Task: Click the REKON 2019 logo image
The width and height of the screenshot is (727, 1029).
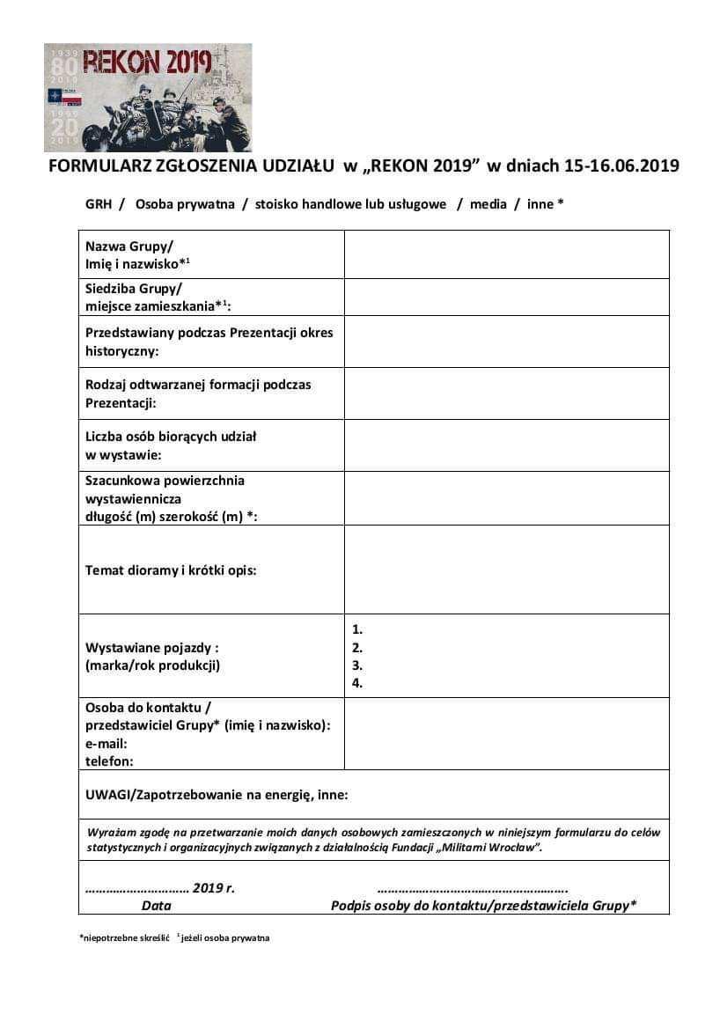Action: click(148, 97)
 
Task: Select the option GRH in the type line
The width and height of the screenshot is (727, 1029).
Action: click(99, 204)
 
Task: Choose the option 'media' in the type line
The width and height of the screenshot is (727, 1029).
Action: click(488, 204)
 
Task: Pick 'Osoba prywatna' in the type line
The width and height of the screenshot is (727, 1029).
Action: click(185, 204)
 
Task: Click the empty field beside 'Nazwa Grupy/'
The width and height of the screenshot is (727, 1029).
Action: click(506, 254)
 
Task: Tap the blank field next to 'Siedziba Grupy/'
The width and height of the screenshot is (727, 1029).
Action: click(506, 297)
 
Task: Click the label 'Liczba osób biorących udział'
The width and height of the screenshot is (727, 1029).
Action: click(171, 436)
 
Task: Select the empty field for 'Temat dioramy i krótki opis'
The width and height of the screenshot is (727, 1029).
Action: click(506, 570)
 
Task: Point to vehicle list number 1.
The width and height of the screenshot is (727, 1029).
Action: click(357, 630)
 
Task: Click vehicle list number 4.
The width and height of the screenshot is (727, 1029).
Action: click(357, 683)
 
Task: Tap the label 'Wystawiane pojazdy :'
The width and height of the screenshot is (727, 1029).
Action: click(152, 648)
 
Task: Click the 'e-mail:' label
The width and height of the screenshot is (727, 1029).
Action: click(106, 744)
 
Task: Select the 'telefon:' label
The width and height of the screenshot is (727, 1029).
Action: click(109, 761)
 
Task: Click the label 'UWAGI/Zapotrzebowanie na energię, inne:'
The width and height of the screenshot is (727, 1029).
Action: click(217, 795)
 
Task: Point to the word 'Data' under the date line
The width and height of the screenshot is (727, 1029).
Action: click(157, 905)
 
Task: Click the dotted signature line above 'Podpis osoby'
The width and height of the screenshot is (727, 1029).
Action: click(472, 887)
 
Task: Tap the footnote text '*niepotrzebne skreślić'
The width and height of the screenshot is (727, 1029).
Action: click(123, 938)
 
